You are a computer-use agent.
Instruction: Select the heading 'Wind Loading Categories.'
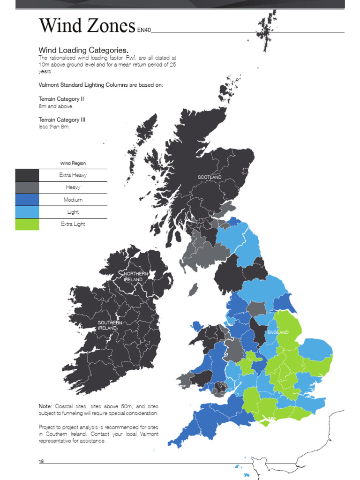click(83, 50)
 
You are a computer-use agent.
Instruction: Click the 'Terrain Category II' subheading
click(61, 99)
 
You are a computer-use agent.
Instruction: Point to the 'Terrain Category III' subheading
click(62, 120)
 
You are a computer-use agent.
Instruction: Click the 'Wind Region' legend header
click(73, 163)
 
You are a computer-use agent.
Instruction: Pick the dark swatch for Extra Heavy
click(27, 175)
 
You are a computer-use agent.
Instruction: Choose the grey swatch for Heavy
click(27, 187)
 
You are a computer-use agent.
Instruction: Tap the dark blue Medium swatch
click(27, 200)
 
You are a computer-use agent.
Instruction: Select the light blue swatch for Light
click(27, 212)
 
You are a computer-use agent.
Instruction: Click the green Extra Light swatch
click(27, 224)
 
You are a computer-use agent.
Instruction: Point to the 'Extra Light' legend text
click(73, 224)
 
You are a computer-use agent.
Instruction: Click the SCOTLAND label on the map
click(210, 177)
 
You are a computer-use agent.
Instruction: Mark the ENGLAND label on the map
click(278, 332)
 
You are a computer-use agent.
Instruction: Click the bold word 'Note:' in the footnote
click(46, 405)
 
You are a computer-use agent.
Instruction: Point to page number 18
click(41, 462)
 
